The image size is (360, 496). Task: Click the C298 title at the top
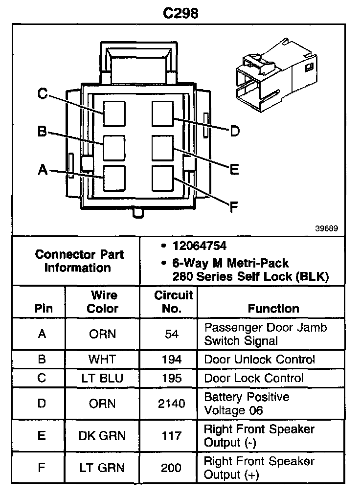click(180, 13)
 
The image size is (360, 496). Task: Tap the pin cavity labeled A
click(114, 179)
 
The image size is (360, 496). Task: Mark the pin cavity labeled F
click(163, 179)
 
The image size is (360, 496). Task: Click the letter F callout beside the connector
click(234, 207)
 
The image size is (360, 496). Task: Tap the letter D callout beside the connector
click(235, 131)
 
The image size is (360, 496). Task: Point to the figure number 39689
click(326, 228)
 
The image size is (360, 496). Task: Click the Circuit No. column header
click(174, 302)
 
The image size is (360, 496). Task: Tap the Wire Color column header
click(103, 302)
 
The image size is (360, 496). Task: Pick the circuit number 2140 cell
click(172, 404)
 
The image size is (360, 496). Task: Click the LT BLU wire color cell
click(103, 378)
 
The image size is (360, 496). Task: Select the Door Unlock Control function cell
click(259, 360)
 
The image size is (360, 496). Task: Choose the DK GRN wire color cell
click(102, 436)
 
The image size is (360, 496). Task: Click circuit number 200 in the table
click(172, 468)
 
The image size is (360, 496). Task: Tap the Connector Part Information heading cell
click(79, 261)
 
